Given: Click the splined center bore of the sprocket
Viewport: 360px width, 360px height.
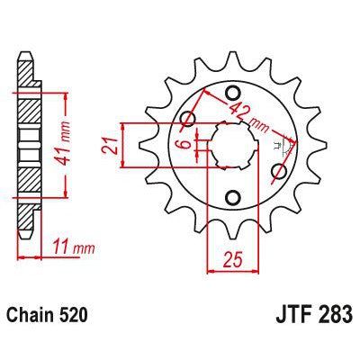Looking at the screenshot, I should pyautogui.click(x=232, y=144).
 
